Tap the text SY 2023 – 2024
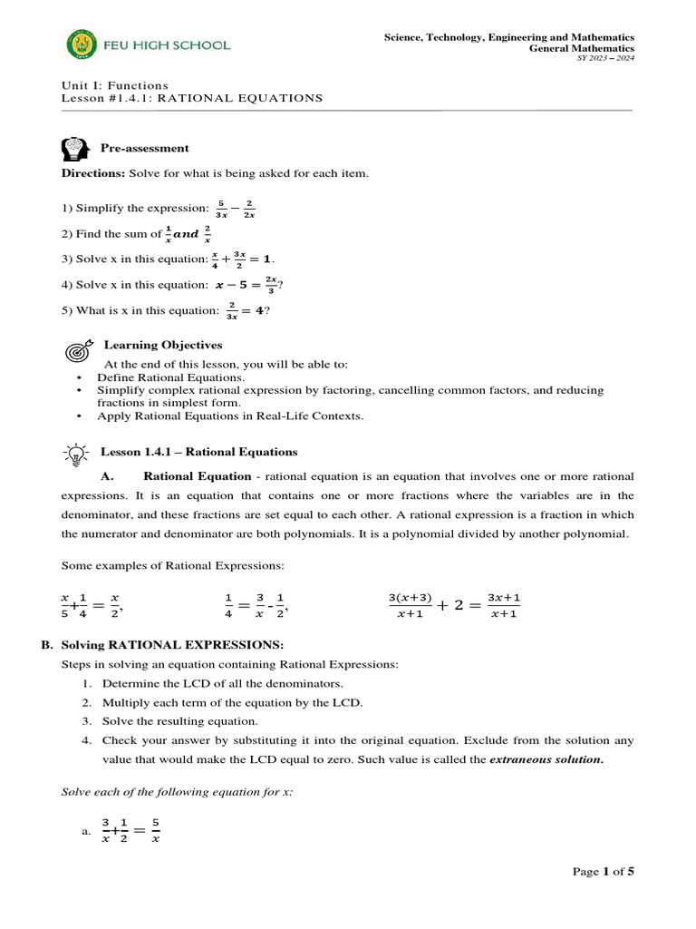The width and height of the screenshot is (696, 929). [605, 59]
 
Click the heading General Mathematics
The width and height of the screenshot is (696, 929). [581, 48]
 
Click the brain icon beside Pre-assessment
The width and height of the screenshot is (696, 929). [76, 148]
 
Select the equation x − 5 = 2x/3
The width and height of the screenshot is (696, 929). [246, 286]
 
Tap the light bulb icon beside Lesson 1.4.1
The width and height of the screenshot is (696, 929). [76, 452]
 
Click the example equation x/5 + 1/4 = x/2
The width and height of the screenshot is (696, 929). [91, 606]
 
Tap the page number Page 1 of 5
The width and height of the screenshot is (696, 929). [603, 872]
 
